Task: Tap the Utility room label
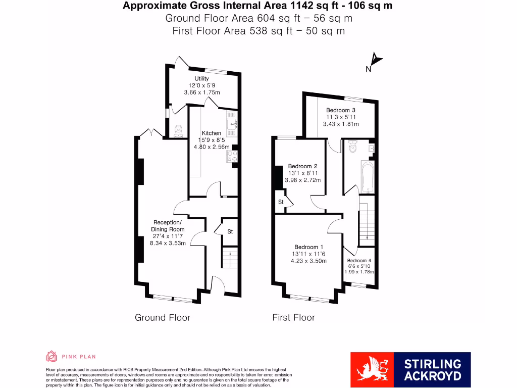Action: tap(198, 79)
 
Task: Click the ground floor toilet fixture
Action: tap(177, 132)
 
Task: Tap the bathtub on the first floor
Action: tap(367, 177)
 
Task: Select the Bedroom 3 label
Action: tap(340, 110)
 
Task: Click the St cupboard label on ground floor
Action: tap(230, 231)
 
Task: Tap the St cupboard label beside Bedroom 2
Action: tap(281, 202)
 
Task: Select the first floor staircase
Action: tap(367, 223)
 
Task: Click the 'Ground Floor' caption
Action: tap(162, 317)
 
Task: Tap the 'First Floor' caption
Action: tap(293, 317)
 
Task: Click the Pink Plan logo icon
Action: tap(51, 357)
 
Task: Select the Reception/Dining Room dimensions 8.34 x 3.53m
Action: tap(168, 243)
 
